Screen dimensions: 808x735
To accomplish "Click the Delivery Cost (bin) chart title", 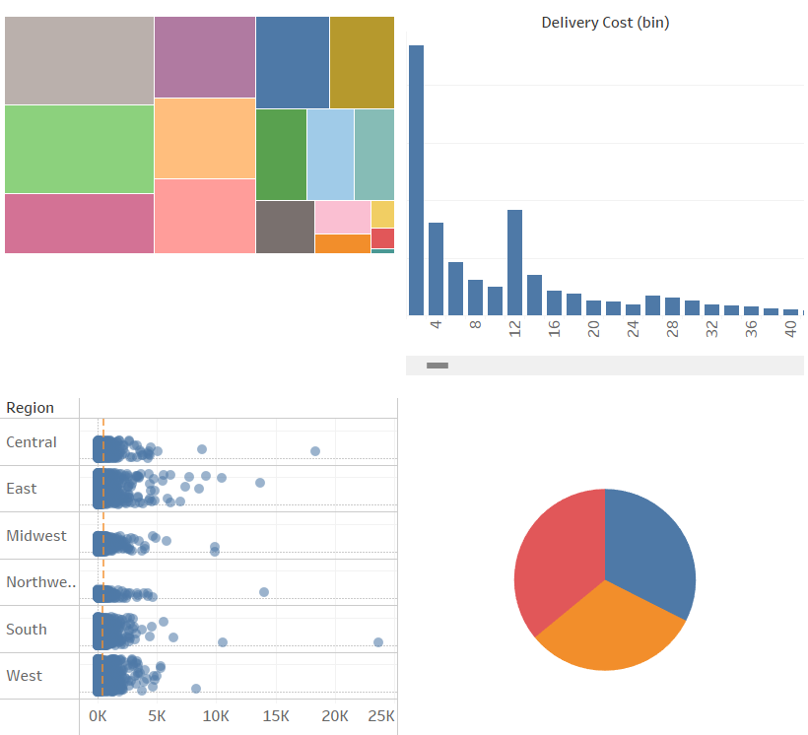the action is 605,23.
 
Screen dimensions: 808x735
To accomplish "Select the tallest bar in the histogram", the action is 416,179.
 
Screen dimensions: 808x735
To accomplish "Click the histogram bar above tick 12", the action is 514,261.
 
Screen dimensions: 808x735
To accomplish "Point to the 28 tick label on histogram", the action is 672,329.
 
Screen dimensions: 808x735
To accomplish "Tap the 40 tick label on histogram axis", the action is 790,329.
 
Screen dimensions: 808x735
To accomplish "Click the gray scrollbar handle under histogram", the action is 438,366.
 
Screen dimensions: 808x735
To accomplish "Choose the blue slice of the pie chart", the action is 650,547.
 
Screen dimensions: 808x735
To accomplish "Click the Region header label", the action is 30,408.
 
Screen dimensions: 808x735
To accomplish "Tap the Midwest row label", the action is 36,536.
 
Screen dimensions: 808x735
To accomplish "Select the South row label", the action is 27,630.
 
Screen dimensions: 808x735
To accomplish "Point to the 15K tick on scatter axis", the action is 277,716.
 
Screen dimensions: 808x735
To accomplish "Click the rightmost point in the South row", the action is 378,642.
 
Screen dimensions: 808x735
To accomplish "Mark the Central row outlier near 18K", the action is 315,451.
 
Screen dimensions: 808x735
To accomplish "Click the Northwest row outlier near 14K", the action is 264,592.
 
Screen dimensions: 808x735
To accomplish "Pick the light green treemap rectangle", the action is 79,149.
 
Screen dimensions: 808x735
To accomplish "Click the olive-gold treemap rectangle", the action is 362,62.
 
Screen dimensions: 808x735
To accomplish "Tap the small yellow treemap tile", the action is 382,214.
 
